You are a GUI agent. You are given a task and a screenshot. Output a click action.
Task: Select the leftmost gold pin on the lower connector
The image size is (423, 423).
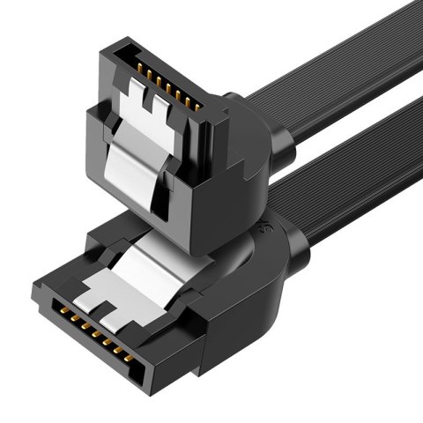[63, 313]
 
